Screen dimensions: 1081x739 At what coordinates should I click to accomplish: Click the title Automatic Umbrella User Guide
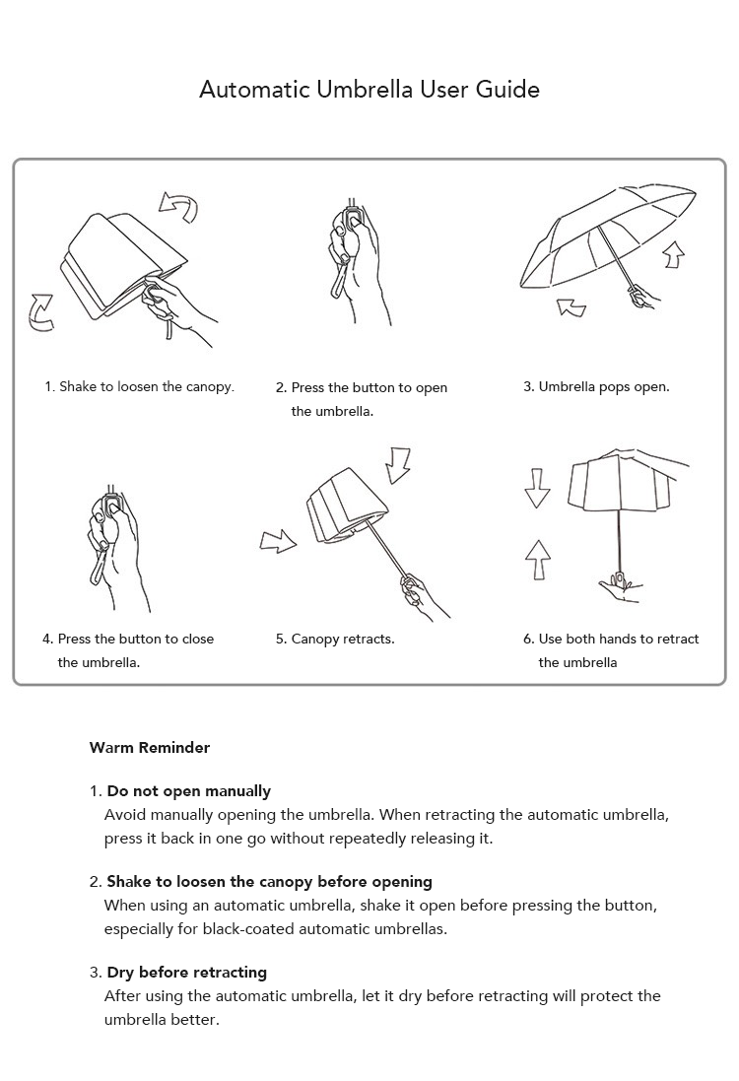(369, 90)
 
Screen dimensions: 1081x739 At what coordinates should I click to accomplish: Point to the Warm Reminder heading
(150, 747)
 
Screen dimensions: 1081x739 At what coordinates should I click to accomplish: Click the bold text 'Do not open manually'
(188, 790)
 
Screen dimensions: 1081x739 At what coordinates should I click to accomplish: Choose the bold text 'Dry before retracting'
(186, 972)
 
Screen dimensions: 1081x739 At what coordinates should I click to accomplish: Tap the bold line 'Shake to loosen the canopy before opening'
(269, 881)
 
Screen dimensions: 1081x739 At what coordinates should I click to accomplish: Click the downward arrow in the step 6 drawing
(537, 488)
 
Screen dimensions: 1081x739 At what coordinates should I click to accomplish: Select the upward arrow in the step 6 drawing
(537, 559)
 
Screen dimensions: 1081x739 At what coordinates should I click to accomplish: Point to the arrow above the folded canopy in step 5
(398, 464)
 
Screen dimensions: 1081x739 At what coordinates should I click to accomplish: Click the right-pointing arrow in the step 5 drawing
(278, 540)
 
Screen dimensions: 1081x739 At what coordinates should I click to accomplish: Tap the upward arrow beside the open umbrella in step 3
(673, 254)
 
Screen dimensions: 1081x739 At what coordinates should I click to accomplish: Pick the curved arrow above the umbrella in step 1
(179, 206)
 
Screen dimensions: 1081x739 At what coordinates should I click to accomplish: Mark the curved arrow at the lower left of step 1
(41, 311)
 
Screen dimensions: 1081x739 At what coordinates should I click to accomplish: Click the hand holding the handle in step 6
(619, 587)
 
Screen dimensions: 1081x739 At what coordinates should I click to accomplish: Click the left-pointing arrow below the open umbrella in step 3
(571, 307)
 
